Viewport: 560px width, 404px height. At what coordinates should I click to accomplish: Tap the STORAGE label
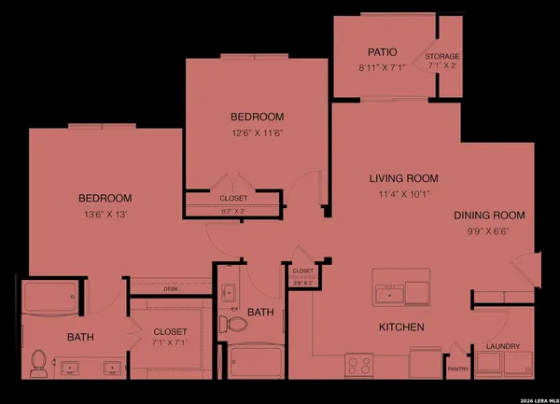tap(441, 56)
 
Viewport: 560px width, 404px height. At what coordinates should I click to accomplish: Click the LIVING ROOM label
tap(403, 178)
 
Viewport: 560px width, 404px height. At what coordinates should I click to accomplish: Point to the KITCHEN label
tap(401, 327)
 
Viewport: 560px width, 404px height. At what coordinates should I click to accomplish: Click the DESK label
tap(171, 289)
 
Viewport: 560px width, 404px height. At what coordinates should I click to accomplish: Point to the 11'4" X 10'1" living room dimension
tap(403, 195)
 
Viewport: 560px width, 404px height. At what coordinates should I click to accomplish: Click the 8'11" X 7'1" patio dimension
tap(376, 67)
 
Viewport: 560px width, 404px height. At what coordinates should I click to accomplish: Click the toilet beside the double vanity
tap(39, 363)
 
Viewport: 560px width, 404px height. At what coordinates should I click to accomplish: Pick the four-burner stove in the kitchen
tap(359, 364)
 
